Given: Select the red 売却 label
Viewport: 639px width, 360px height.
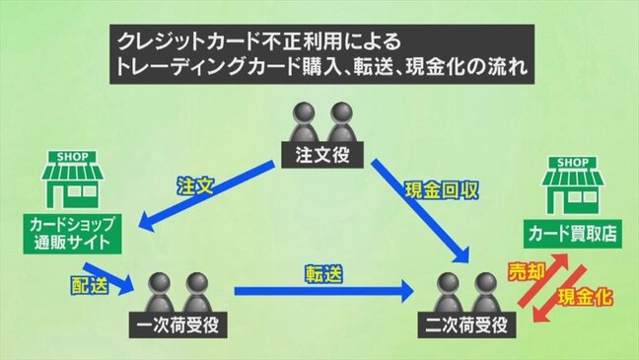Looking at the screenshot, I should click(x=524, y=271).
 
